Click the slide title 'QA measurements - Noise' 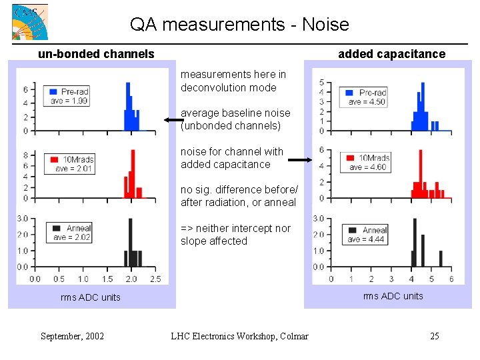pyautogui.click(x=239, y=25)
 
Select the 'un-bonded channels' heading pyautogui.click(x=96, y=54)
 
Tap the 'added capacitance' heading pyautogui.click(x=391, y=54)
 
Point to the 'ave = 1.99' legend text pyautogui.click(x=69, y=101)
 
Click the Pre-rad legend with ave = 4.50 pyautogui.click(x=365, y=97)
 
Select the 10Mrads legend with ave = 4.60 pyautogui.click(x=365, y=162)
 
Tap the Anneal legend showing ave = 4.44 pyautogui.click(x=366, y=234)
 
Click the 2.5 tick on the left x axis pyautogui.click(x=155, y=279)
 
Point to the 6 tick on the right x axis pyautogui.click(x=451, y=279)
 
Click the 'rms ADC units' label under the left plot pyautogui.click(x=90, y=297)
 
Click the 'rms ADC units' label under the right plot pyautogui.click(x=393, y=296)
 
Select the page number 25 pyautogui.click(x=434, y=336)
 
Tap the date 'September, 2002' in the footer pyautogui.click(x=72, y=336)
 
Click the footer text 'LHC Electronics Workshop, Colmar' pyautogui.click(x=239, y=336)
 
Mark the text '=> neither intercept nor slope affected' pyautogui.click(x=235, y=235)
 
